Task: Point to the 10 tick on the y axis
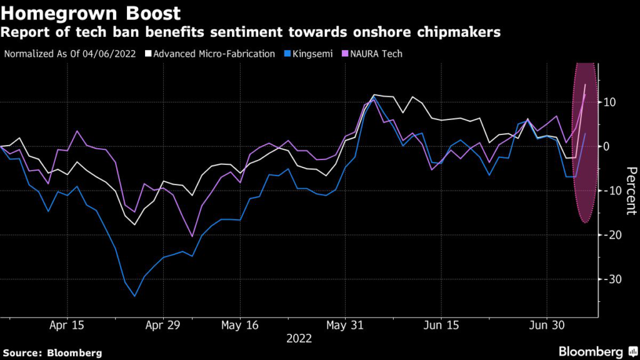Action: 609,102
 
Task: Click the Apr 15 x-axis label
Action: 66,326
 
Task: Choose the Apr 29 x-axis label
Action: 162,326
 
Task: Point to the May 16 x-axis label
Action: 241,326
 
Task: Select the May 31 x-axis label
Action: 345,326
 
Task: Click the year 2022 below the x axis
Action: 299,339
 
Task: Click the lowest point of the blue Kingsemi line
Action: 135,296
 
